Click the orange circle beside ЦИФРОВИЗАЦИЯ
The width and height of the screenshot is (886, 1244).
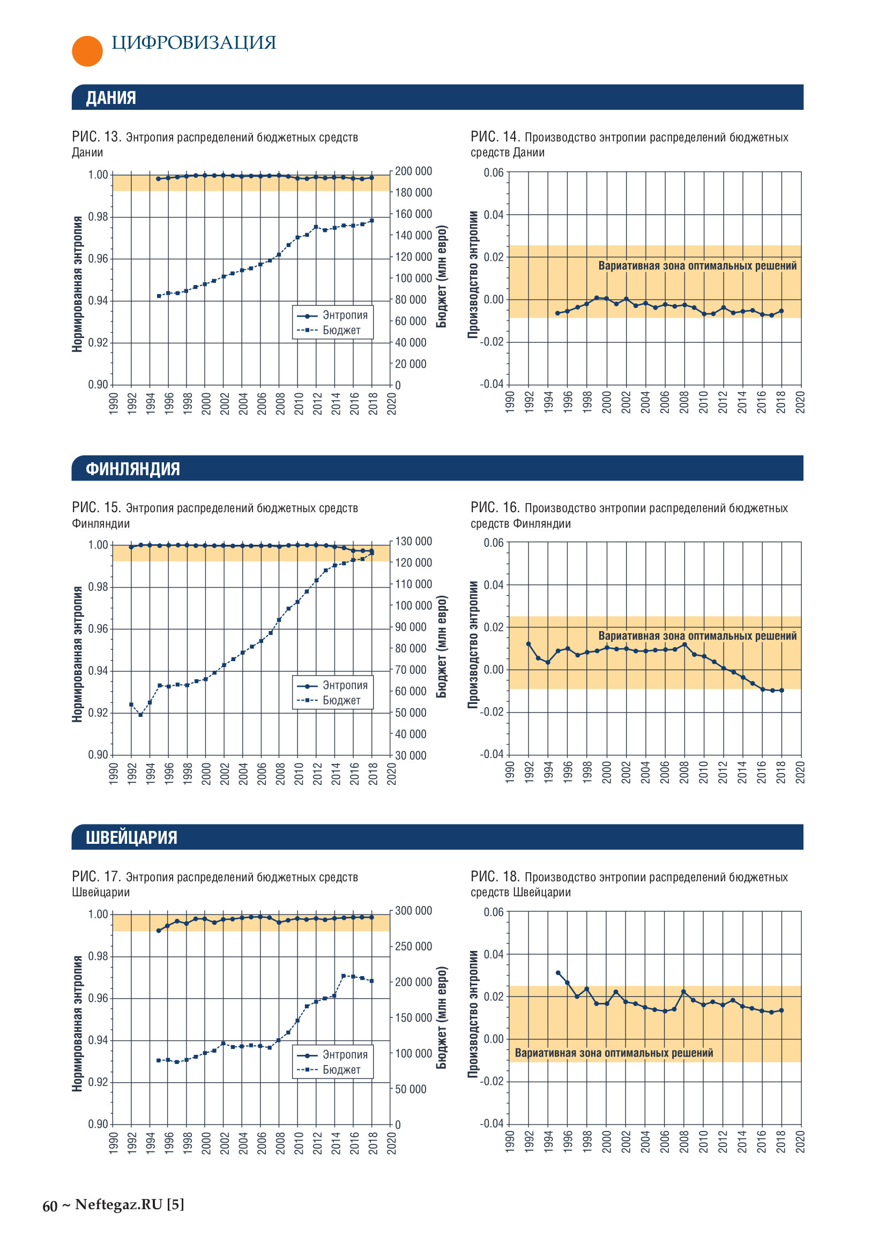click(87, 51)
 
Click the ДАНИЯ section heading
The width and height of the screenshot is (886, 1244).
click(111, 98)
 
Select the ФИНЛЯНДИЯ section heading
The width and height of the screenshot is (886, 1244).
click(132, 468)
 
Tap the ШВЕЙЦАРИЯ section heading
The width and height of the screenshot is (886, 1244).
click(131, 837)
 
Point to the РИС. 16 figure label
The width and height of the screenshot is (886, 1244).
click(495, 507)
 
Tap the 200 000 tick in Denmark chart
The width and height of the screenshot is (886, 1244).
click(413, 171)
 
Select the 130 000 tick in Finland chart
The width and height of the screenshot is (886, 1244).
click(413, 541)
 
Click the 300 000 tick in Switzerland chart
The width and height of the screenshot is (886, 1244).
click(413, 910)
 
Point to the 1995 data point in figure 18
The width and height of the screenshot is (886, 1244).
click(557, 972)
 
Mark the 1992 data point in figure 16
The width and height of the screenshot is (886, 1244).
click(528, 643)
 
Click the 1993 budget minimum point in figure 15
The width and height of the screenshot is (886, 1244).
click(140, 715)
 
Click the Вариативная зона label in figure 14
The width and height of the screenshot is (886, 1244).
click(697, 266)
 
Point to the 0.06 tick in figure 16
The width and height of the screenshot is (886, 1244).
click(494, 543)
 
